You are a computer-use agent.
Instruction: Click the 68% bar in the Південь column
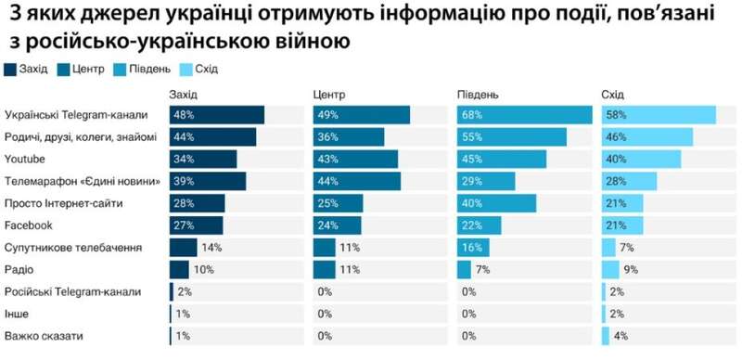click(x=524, y=115)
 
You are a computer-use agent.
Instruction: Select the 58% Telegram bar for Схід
click(x=659, y=115)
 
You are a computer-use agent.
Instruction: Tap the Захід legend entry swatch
click(x=10, y=69)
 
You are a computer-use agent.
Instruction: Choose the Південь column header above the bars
click(x=478, y=95)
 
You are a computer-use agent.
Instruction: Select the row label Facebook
click(x=29, y=225)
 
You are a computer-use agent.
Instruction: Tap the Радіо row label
click(x=19, y=270)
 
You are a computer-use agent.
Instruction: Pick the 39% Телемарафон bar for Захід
click(x=208, y=180)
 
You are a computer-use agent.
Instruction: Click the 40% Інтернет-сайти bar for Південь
click(x=497, y=203)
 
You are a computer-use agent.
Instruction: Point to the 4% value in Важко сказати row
click(x=621, y=336)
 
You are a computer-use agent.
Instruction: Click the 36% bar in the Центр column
click(x=349, y=137)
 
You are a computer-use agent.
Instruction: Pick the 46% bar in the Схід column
click(x=647, y=137)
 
